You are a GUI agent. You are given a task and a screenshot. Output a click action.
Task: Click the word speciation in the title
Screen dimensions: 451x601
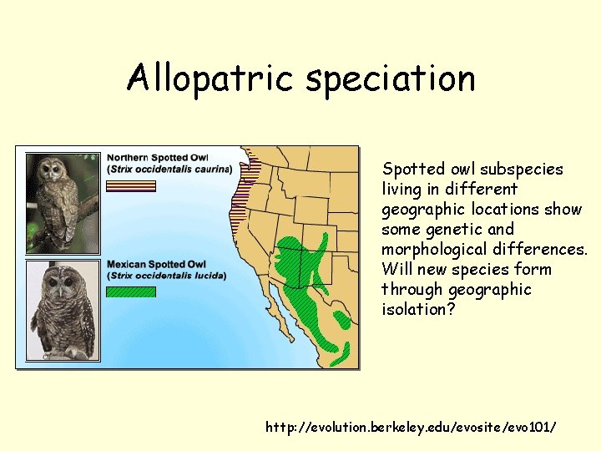390,80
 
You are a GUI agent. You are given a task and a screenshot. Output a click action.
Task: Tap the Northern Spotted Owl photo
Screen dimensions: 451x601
62,203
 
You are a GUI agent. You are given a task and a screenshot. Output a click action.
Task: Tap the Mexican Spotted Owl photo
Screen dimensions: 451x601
62,311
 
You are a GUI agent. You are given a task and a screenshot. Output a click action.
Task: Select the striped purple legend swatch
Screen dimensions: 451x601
131,185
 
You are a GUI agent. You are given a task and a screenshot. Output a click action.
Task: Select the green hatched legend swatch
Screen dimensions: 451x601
131,292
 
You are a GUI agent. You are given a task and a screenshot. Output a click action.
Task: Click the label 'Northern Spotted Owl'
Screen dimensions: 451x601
157,157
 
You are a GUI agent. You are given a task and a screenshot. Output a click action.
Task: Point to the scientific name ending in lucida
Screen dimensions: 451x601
167,276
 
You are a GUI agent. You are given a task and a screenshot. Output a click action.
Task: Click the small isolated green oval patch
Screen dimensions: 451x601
342,319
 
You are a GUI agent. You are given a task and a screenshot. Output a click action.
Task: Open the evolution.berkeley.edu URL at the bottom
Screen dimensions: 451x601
410,427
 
